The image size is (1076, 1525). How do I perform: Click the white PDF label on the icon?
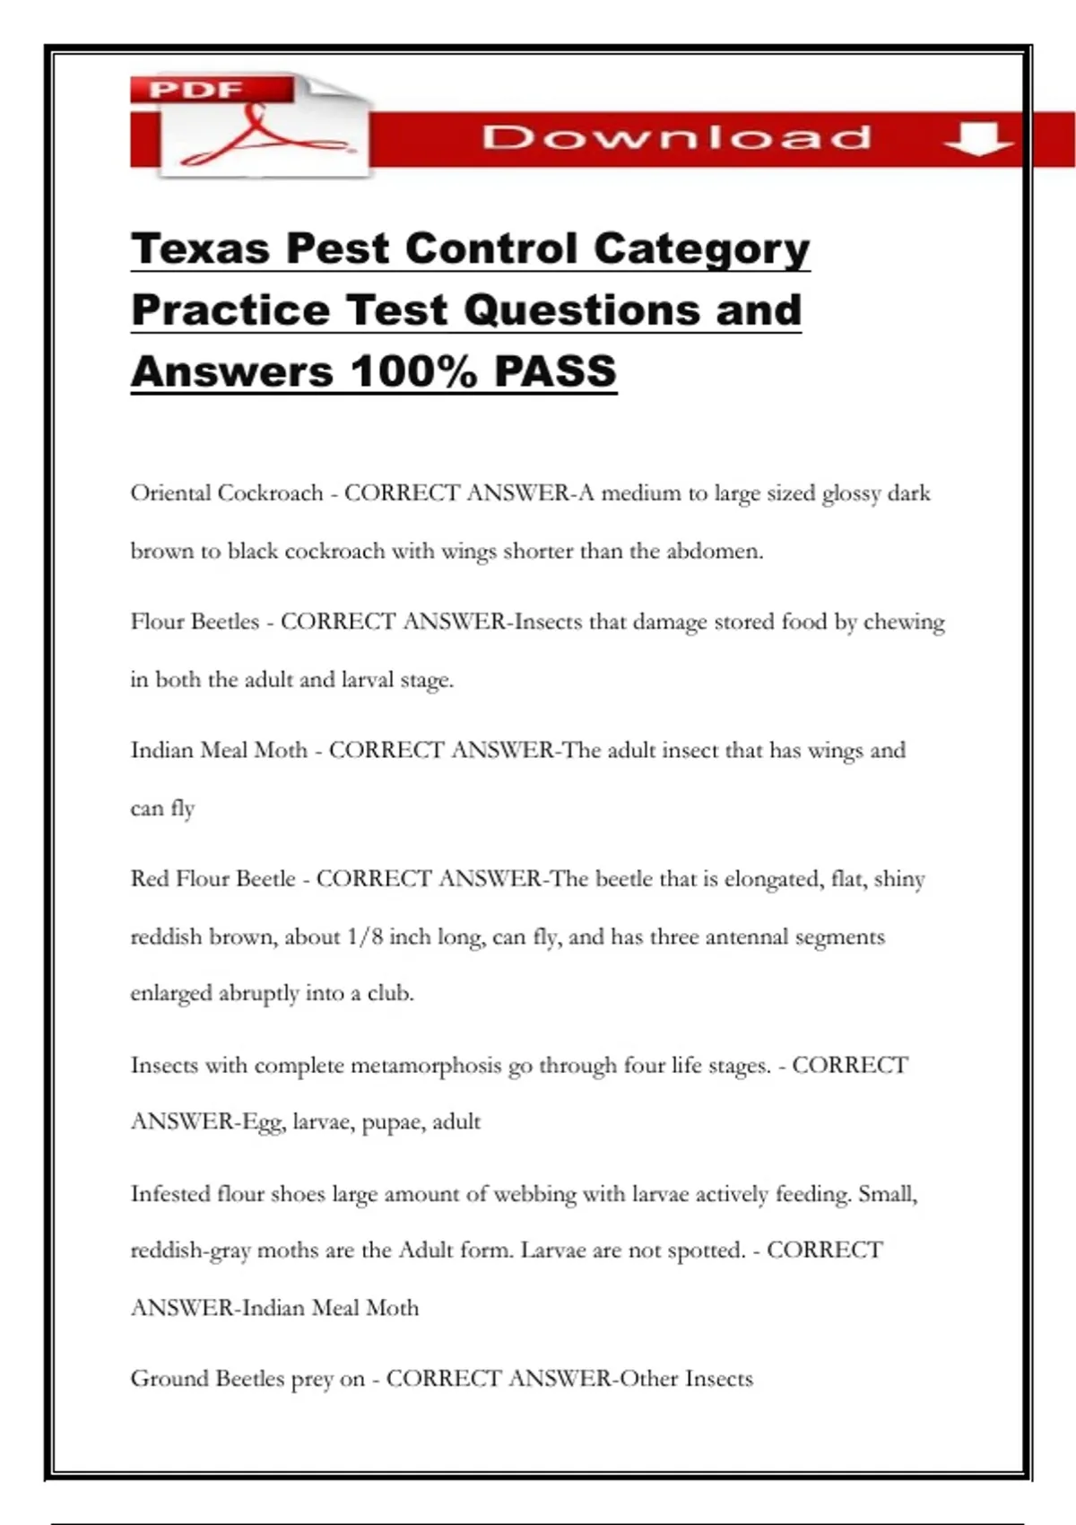(195, 90)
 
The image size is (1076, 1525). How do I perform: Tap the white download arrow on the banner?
(978, 138)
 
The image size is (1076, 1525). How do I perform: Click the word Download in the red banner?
(676, 137)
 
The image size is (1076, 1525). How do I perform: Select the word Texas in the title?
(199, 248)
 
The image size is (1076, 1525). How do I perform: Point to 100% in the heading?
(414, 371)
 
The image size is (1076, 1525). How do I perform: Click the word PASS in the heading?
(555, 371)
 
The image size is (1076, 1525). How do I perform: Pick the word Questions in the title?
(582, 310)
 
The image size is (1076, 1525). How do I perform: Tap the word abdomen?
(714, 551)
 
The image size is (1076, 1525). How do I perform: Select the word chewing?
(904, 623)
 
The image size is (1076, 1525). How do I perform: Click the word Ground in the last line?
(163, 1379)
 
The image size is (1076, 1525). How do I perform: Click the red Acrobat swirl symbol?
(260, 135)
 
